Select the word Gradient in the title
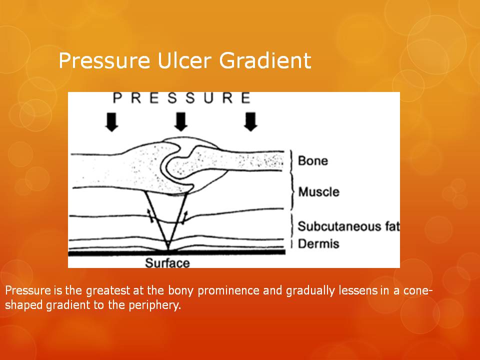point(265,60)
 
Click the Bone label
point(313,160)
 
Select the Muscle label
point(318,192)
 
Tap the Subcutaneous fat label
point(348,226)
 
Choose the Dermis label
point(318,243)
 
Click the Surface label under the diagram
point(167,263)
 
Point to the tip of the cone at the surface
point(168,250)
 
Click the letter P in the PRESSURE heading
point(117,98)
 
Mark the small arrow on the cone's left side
point(150,215)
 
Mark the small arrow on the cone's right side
point(183,217)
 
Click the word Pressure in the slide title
point(104,60)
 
